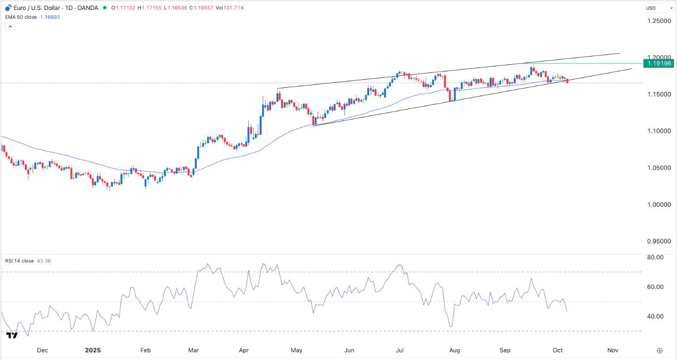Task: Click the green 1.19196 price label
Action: tap(658, 63)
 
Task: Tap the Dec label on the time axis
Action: tap(43, 350)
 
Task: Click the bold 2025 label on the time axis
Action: tap(93, 350)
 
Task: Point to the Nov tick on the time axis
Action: tap(613, 350)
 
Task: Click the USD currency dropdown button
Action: tap(658, 8)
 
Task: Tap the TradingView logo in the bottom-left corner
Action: tap(12, 336)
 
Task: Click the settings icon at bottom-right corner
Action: tap(659, 350)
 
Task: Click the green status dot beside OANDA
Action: tap(104, 8)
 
